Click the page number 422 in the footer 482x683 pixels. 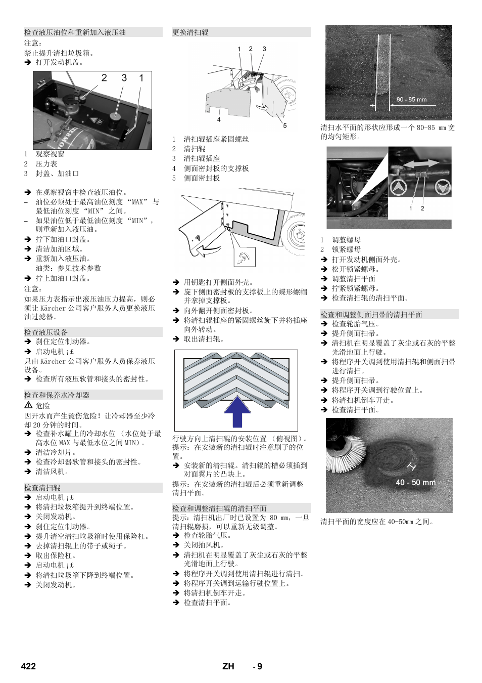(x=28, y=666)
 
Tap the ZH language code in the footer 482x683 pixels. (x=228, y=666)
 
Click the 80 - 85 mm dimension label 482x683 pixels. (x=411, y=100)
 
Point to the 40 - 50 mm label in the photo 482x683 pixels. (x=415, y=483)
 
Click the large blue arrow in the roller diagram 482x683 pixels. (x=237, y=412)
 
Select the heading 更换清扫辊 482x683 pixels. (x=190, y=32)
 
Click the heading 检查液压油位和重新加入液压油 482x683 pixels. (x=75, y=32)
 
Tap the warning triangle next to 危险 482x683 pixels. (x=28, y=405)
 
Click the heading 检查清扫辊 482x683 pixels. (x=42, y=488)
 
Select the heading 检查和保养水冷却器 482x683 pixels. (x=57, y=395)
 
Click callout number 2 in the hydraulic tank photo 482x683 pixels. (x=104, y=78)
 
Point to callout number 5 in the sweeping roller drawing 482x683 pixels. (x=284, y=125)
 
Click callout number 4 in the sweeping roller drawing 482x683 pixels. (x=219, y=120)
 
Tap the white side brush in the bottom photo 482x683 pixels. (x=345, y=453)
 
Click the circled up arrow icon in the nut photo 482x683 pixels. (x=398, y=187)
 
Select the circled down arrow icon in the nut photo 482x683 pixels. (x=443, y=187)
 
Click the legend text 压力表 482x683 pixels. (x=46, y=164)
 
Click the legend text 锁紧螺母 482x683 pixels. (x=346, y=249)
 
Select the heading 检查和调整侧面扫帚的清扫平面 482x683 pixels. (x=371, y=315)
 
